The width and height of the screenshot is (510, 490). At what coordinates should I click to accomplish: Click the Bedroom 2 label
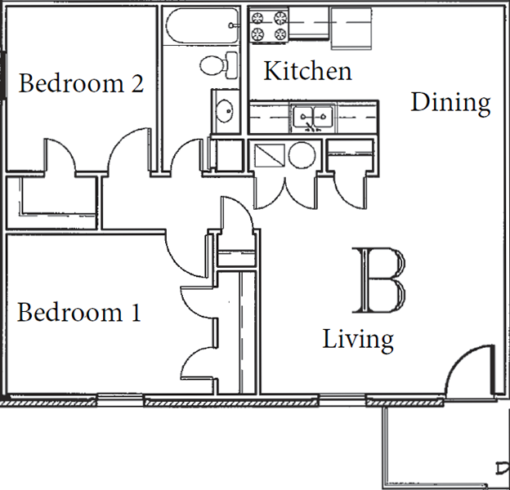click(x=81, y=83)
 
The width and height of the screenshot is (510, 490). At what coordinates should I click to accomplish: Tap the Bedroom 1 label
click(x=79, y=312)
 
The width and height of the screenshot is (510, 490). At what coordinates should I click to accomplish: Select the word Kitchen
click(x=307, y=70)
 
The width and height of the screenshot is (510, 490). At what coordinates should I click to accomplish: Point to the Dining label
click(x=451, y=104)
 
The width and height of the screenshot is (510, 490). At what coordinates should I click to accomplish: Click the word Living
click(x=358, y=340)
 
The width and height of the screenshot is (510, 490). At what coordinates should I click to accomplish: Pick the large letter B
click(x=379, y=280)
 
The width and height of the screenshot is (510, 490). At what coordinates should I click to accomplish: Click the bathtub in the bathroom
click(x=203, y=25)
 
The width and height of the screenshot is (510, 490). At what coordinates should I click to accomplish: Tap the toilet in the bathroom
click(x=218, y=65)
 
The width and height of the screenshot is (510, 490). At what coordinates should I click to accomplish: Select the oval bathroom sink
click(x=225, y=111)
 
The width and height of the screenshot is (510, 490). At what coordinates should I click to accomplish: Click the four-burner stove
click(x=269, y=25)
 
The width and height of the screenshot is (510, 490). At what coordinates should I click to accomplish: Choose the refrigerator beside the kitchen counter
click(x=351, y=29)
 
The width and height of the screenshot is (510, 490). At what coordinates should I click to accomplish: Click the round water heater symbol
click(x=302, y=155)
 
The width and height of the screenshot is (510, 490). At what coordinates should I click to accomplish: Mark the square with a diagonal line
click(x=270, y=155)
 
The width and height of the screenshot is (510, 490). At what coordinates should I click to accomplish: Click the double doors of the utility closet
click(x=285, y=194)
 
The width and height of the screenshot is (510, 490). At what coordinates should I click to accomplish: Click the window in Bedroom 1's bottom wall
click(x=120, y=400)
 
